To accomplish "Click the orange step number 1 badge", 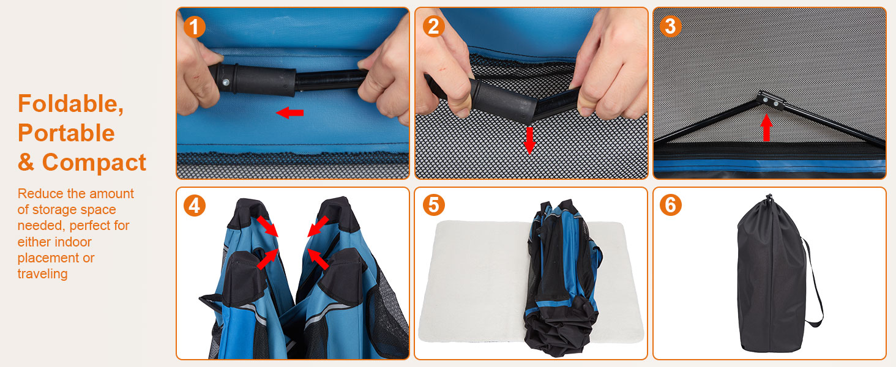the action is [x=195, y=27].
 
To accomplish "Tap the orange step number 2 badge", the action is [x=433, y=26].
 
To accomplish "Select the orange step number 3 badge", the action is [x=671, y=26].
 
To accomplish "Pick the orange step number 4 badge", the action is [x=195, y=206].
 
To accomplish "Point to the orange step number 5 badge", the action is [x=433, y=205].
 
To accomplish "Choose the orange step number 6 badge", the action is [x=671, y=205].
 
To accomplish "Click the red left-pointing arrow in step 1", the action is [x=289, y=113].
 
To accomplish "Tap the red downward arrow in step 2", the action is [x=529, y=140].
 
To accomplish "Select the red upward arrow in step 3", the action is [x=766, y=127].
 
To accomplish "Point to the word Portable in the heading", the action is [x=66, y=133].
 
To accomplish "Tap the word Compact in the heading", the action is [x=94, y=163].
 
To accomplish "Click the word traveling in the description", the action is [x=42, y=274].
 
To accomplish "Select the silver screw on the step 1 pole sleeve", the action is [x=226, y=82].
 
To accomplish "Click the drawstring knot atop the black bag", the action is [x=768, y=198].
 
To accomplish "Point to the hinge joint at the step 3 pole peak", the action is [x=769, y=99].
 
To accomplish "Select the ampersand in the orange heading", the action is [x=26, y=163].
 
